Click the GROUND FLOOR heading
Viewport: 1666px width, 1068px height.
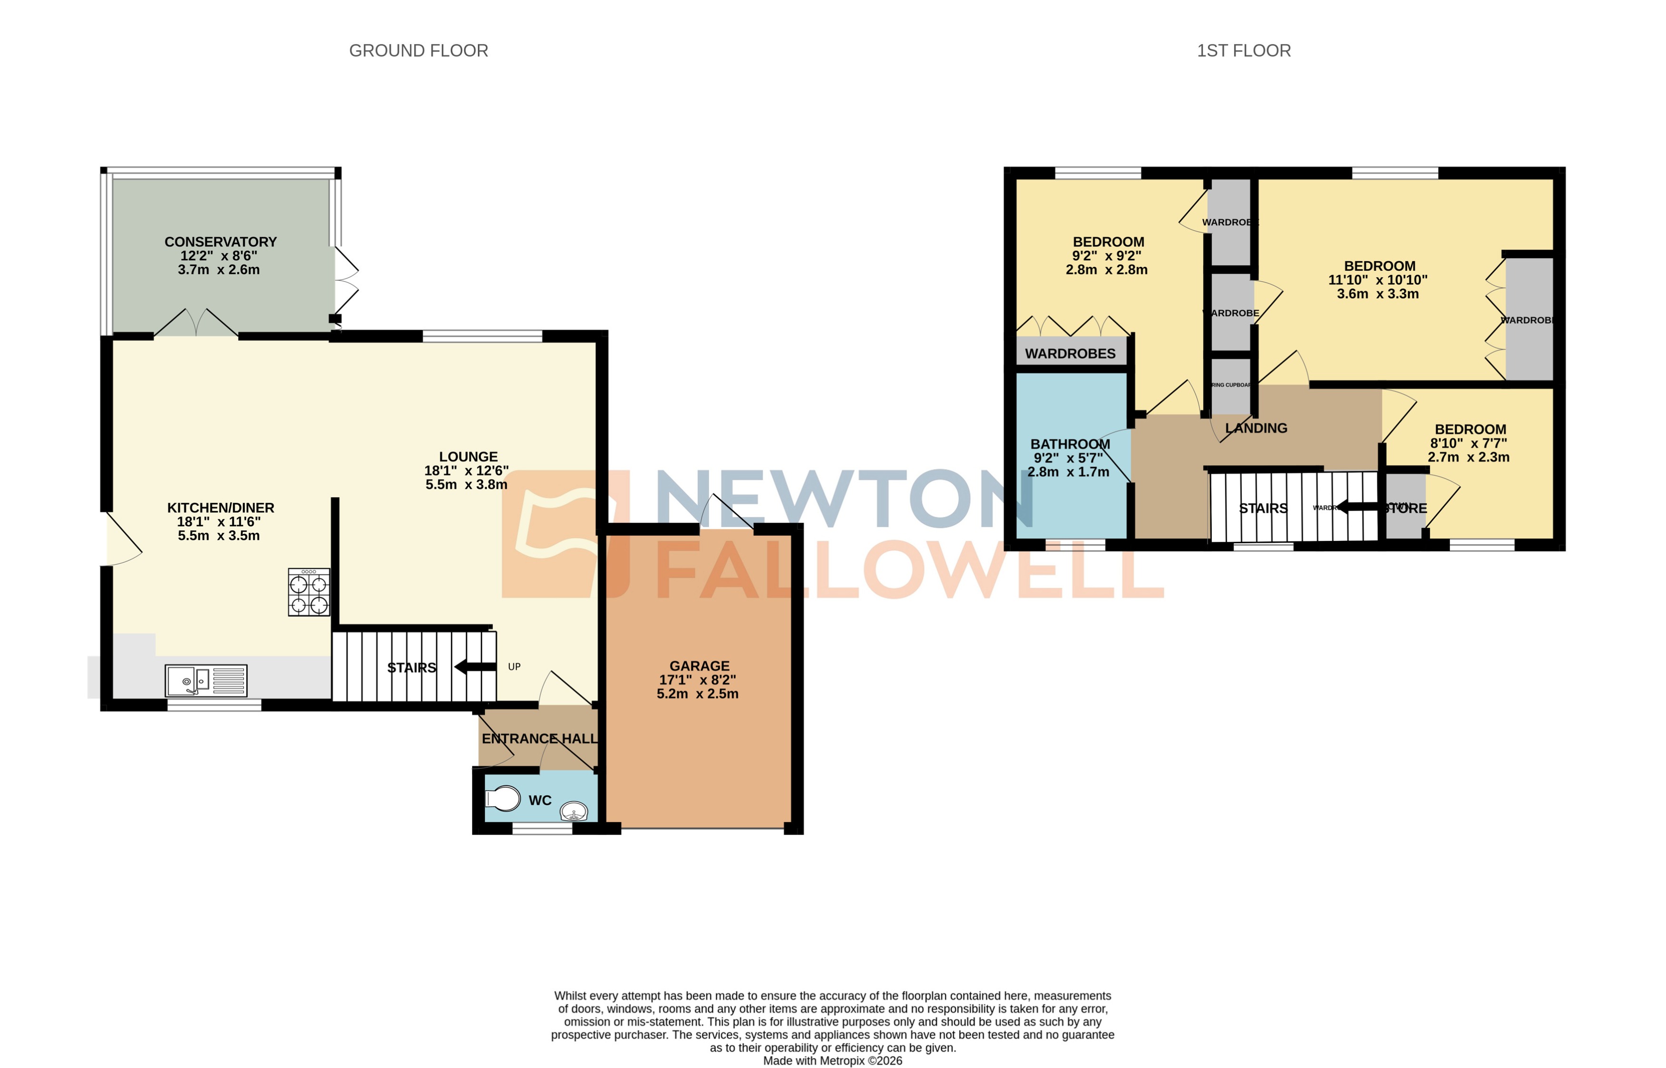[418, 50]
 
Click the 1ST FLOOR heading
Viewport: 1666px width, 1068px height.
[1243, 50]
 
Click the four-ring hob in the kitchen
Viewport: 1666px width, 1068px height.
[309, 592]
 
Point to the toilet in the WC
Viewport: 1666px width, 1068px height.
[504, 798]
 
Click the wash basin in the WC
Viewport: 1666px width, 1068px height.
[574, 810]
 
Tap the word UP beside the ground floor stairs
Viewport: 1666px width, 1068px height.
[514, 667]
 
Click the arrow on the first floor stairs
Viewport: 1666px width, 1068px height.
[1357, 507]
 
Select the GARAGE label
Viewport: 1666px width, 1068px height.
[699, 666]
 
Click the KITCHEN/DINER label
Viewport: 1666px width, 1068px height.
[221, 508]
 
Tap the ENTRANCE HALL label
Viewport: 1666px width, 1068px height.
[540, 739]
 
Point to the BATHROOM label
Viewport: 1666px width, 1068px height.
[1070, 444]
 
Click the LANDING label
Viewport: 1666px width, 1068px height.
[1256, 428]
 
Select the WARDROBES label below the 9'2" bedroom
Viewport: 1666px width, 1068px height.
[1070, 353]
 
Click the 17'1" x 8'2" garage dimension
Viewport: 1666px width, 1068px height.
[697, 680]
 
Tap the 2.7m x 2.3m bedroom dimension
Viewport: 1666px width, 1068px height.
[1468, 457]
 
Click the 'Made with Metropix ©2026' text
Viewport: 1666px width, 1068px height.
[833, 1060]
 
